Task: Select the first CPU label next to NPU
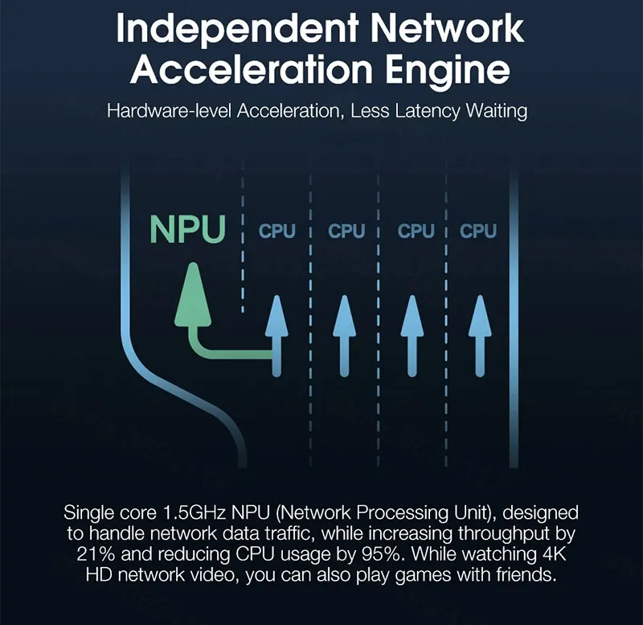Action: point(276,232)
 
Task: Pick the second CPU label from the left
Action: point(346,232)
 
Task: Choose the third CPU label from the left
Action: point(416,232)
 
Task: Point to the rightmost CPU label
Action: point(478,232)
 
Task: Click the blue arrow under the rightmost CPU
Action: point(479,334)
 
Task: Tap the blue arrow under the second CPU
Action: point(344,334)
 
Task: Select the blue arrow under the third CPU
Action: point(412,334)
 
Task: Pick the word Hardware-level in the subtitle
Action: point(169,110)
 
